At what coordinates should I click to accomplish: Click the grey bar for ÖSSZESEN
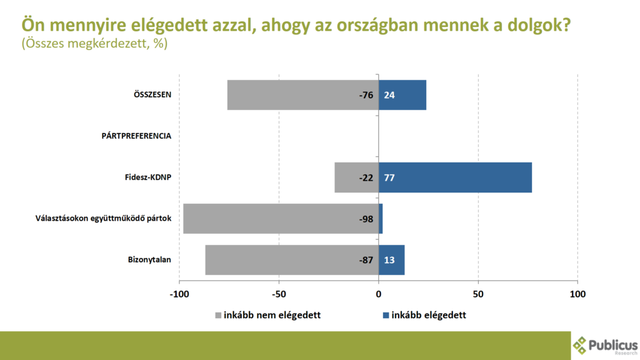294,95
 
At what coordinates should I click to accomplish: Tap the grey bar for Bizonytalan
281,260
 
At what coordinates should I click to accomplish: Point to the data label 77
389,177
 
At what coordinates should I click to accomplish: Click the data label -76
366,95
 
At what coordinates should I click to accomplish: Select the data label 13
389,260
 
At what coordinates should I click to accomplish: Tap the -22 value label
366,177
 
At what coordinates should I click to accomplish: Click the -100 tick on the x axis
179,294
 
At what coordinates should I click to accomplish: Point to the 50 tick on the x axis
478,294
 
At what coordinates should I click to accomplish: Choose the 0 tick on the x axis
379,294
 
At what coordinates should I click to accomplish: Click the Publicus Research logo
604,345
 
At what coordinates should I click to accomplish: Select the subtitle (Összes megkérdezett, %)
94,45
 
